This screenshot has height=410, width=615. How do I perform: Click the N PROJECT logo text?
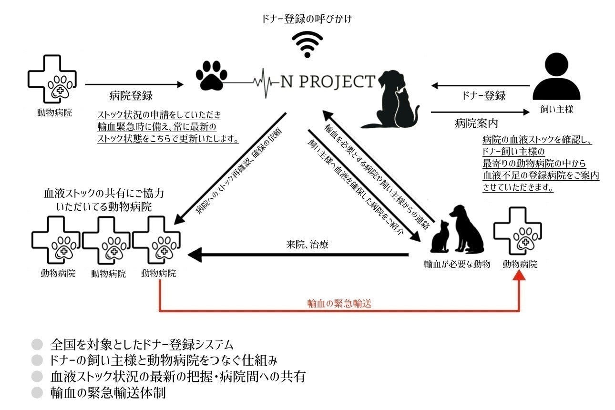click(327, 82)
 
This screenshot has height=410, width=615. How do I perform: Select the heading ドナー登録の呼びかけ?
click(307, 20)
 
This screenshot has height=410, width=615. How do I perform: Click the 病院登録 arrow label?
click(131, 95)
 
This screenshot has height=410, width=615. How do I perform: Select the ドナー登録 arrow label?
click(483, 95)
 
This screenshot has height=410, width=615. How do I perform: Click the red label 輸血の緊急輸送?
click(339, 303)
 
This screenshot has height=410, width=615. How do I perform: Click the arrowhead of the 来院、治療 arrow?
click(195, 255)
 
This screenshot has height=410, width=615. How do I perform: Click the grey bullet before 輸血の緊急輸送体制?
click(37, 393)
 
